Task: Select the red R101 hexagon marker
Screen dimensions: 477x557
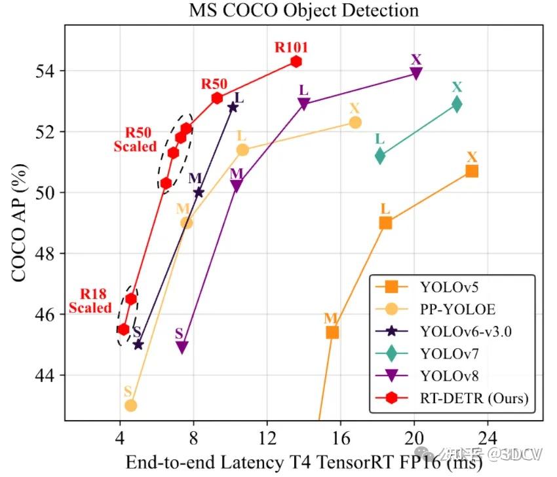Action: click(x=296, y=62)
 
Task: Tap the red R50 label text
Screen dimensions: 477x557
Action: click(x=214, y=84)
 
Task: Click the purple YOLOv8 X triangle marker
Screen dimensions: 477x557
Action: click(x=416, y=73)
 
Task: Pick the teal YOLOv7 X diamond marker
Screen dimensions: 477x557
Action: click(x=457, y=103)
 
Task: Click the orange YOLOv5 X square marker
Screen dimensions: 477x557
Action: click(x=472, y=171)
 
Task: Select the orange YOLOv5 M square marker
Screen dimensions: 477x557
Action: click(x=332, y=332)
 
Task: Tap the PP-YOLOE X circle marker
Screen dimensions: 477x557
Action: click(x=355, y=122)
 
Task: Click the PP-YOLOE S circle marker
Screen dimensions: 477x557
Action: click(x=130, y=405)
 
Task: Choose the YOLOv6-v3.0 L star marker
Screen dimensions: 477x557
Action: click(x=233, y=107)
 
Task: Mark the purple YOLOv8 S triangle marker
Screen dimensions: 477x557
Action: click(x=182, y=347)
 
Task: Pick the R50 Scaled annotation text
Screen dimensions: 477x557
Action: click(x=135, y=140)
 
